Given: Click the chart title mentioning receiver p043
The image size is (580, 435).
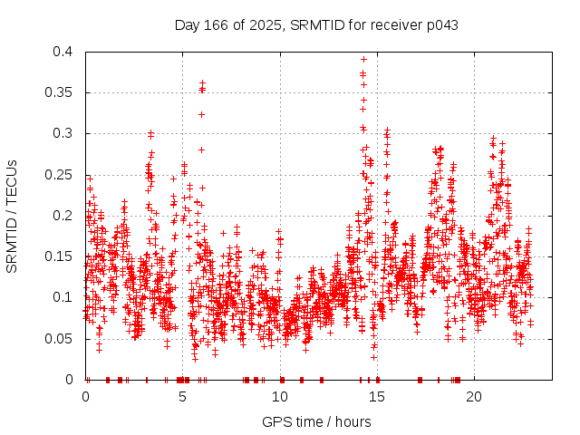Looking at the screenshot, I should click(315, 25).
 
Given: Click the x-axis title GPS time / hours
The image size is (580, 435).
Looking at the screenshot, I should click(315, 421).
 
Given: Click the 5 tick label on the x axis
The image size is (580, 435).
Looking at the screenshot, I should click(183, 396).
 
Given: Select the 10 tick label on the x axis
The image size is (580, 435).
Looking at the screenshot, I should click(280, 396).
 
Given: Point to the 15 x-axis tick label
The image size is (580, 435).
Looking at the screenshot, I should click(378, 396).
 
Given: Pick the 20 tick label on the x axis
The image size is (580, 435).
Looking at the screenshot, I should click(475, 396).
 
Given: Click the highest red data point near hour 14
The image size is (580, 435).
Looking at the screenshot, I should click(363, 60).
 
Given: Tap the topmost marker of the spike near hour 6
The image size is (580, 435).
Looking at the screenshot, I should click(202, 83).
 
